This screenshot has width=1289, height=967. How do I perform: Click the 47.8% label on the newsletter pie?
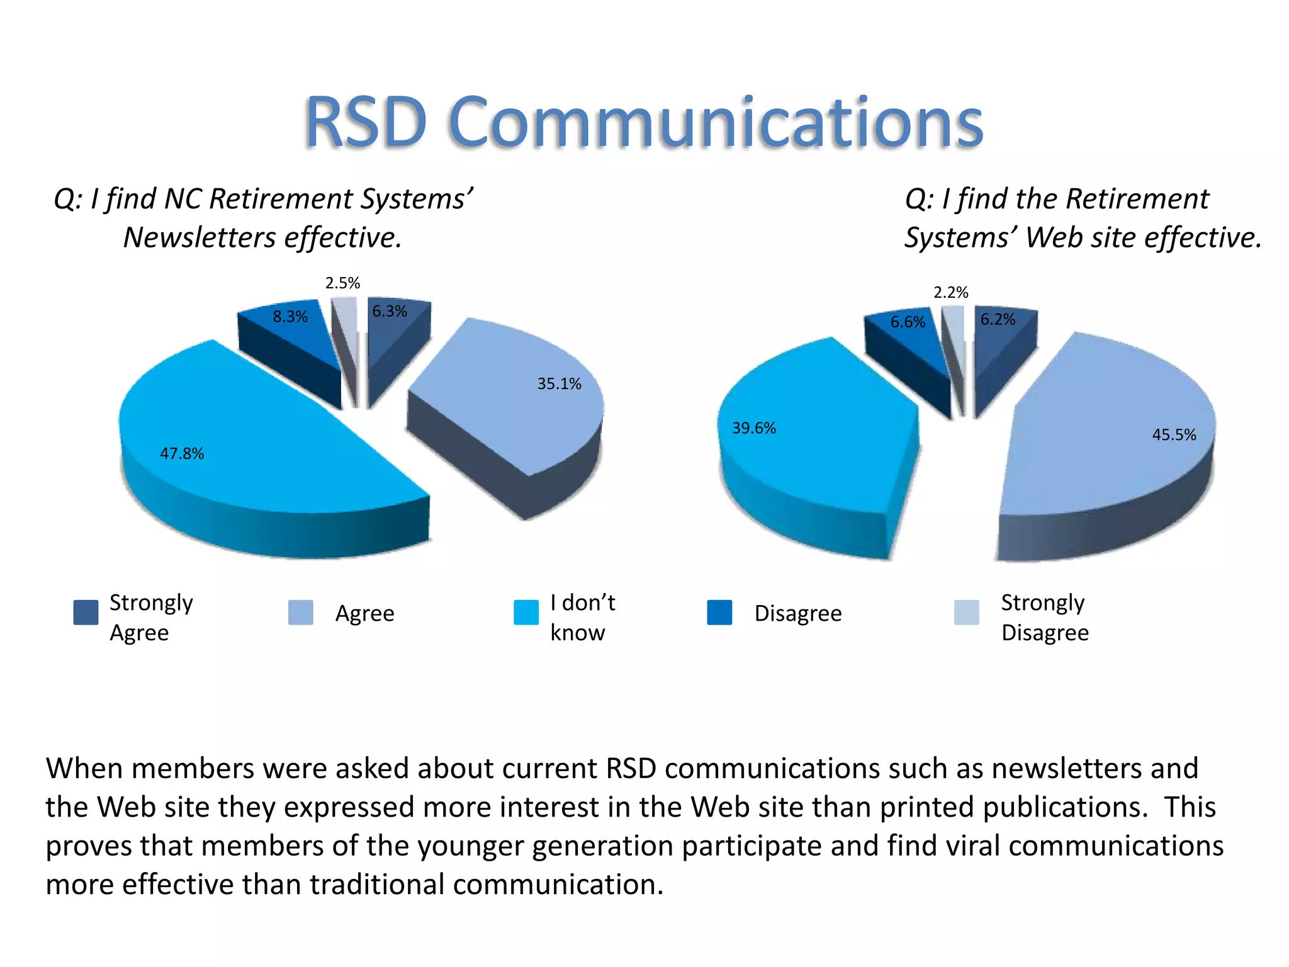[x=182, y=453]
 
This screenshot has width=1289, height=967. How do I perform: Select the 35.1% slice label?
[x=559, y=384]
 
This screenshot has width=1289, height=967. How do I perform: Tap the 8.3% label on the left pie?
[x=290, y=317]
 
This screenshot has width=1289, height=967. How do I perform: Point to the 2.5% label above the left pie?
[x=342, y=283]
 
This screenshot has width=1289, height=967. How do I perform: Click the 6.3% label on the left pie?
[x=390, y=311]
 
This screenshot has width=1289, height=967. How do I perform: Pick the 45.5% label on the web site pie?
[x=1174, y=434]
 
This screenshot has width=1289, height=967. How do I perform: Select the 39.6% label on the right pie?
[x=753, y=428]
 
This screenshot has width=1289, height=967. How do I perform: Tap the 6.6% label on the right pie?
[x=908, y=322]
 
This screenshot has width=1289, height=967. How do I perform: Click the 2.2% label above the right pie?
[x=950, y=293]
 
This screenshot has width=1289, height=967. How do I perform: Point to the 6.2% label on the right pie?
[x=998, y=320]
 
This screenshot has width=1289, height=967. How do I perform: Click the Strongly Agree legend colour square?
[x=86, y=612]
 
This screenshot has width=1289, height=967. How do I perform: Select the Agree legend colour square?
[x=300, y=612]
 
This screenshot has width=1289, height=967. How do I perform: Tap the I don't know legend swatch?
[x=526, y=612]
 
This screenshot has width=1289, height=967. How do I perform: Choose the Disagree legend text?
[x=797, y=613]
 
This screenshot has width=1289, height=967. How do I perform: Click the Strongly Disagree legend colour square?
[x=966, y=612]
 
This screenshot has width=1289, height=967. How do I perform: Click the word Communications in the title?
[x=716, y=123]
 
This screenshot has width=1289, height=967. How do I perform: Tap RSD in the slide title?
[x=366, y=123]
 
